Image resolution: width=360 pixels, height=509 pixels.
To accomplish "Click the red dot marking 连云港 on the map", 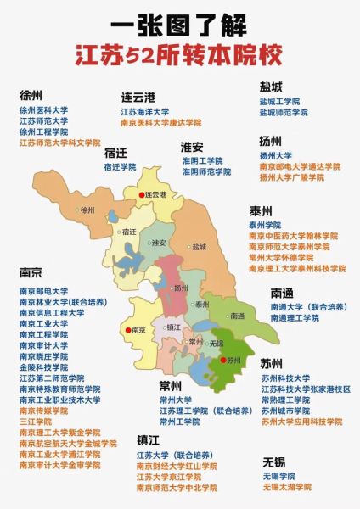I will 143,194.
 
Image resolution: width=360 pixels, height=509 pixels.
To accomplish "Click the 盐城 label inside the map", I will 199,247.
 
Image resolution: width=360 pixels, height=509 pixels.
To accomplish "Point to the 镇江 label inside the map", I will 173,326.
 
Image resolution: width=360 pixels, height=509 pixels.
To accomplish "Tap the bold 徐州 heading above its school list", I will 31,95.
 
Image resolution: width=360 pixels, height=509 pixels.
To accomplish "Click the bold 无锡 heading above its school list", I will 274,461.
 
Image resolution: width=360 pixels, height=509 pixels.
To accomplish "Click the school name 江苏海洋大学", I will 144,111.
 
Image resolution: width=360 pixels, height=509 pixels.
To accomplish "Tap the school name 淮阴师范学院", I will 206,171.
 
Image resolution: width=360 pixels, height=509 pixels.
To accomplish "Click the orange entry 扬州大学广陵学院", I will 291,177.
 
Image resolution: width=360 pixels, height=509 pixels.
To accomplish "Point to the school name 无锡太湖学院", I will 286,487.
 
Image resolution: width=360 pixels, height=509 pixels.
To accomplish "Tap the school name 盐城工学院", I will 279,101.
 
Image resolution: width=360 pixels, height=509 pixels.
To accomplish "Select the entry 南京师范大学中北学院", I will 177,489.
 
